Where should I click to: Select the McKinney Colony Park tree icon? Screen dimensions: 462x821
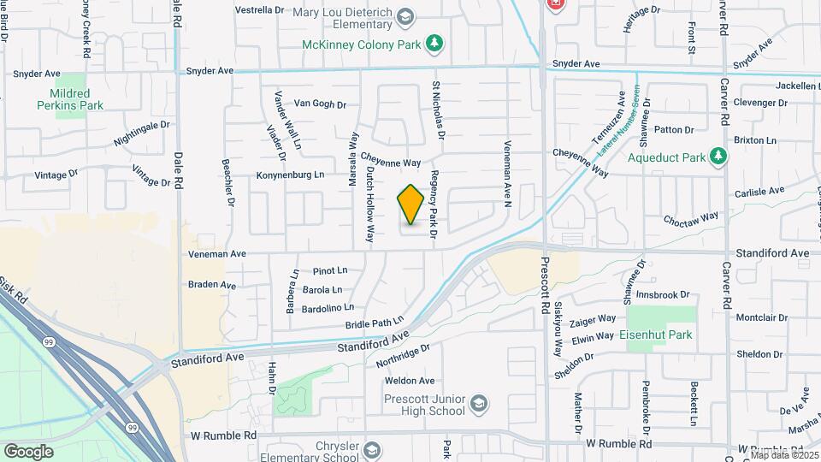tap(434, 43)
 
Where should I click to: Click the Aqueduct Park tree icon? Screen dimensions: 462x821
tap(720, 157)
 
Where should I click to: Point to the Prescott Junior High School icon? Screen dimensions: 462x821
tap(479, 403)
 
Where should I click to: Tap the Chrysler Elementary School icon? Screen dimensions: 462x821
tap(372, 450)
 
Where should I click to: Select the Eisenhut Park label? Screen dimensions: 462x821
tap(655, 335)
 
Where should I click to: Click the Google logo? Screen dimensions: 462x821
tap(28, 451)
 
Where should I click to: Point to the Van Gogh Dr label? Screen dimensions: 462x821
tap(320, 104)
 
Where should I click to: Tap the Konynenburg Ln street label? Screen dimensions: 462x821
tap(291, 175)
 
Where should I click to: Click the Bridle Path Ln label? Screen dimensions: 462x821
tap(374, 324)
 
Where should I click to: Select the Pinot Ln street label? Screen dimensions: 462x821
tap(330, 269)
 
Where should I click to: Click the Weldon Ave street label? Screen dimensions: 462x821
tap(410, 381)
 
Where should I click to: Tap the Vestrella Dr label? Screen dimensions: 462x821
tap(259, 9)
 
